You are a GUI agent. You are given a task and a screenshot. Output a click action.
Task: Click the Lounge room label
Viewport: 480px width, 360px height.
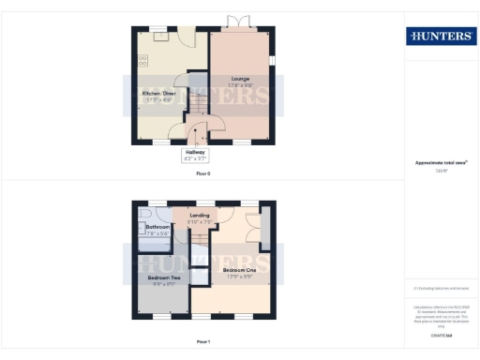240,79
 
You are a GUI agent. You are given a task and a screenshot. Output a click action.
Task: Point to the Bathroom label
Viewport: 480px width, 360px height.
157,227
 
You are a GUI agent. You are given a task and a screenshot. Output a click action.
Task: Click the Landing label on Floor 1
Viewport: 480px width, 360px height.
200,216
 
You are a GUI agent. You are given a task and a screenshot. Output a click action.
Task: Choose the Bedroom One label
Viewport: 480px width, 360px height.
241,269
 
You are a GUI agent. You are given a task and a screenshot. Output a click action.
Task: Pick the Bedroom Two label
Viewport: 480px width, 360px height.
163,278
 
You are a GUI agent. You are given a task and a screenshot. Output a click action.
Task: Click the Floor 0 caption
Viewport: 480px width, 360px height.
203,174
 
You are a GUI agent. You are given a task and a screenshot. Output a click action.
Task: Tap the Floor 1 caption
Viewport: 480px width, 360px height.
203,341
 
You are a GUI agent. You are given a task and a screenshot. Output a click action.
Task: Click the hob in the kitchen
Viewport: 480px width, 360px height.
143,60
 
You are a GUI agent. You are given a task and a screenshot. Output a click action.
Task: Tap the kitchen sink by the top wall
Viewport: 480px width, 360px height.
161,37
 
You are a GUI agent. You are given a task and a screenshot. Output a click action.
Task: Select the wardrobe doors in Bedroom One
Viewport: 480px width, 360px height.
253,229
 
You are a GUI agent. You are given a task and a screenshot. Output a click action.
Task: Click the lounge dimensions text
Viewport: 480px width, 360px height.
240,85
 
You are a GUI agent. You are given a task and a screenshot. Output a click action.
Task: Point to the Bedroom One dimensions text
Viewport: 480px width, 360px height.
241,276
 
